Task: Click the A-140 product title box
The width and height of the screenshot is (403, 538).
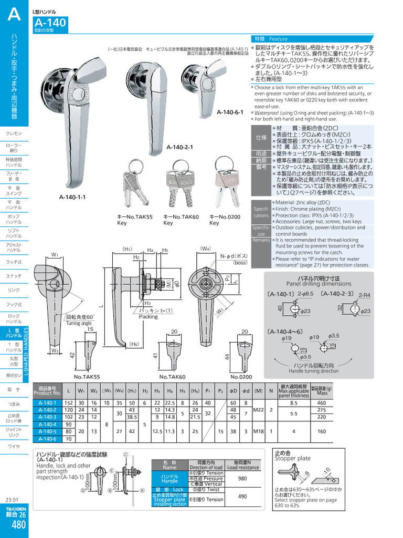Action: point(50,23)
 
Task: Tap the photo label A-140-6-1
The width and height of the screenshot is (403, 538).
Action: point(230,112)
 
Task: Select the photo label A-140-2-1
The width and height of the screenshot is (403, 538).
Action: point(180,147)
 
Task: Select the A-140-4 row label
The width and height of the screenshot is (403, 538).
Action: point(47,424)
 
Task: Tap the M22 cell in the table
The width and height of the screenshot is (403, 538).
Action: point(258,410)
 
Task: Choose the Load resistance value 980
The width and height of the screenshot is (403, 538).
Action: point(242,479)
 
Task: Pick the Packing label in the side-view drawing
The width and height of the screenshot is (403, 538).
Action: point(149,317)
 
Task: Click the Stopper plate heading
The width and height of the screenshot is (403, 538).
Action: point(293,458)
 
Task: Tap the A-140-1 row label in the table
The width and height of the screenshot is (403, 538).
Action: point(47,403)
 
